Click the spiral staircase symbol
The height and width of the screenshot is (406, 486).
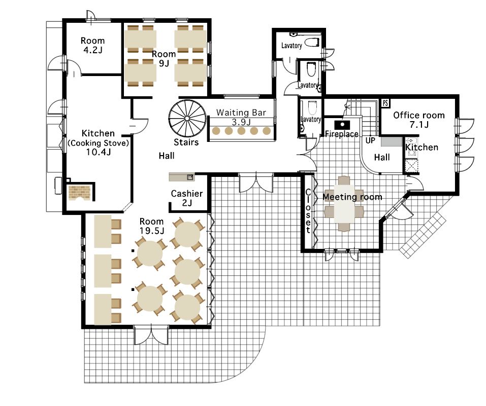tap(187, 118)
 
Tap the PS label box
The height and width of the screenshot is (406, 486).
tap(385, 103)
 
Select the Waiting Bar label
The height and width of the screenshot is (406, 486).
tap(241, 117)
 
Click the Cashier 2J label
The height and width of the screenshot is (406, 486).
tap(187, 198)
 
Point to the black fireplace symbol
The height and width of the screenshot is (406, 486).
tap(342, 125)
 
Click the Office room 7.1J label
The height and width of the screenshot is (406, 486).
tap(419, 120)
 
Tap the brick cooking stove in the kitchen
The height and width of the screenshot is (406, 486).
tap(79, 193)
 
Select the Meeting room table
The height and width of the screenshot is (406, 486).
tap(344, 204)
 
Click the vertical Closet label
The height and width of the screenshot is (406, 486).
tap(308, 211)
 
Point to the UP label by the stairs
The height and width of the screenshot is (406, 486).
tap(370, 140)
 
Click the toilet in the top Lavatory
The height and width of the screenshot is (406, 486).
tap(312, 43)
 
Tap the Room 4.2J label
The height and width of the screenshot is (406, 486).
tap(92, 45)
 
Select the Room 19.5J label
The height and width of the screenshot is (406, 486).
tap(151, 226)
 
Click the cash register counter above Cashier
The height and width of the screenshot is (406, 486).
tap(182, 177)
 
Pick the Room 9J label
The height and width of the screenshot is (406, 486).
tap(164, 58)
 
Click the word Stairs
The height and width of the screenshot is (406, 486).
tap(186, 142)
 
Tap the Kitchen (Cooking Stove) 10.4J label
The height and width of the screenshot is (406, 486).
tap(98, 142)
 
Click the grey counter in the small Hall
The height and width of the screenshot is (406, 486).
tap(392, 142)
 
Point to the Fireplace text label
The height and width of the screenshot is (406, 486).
tap(342, 134)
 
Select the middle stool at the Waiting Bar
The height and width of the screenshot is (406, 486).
tap(241, 131)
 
